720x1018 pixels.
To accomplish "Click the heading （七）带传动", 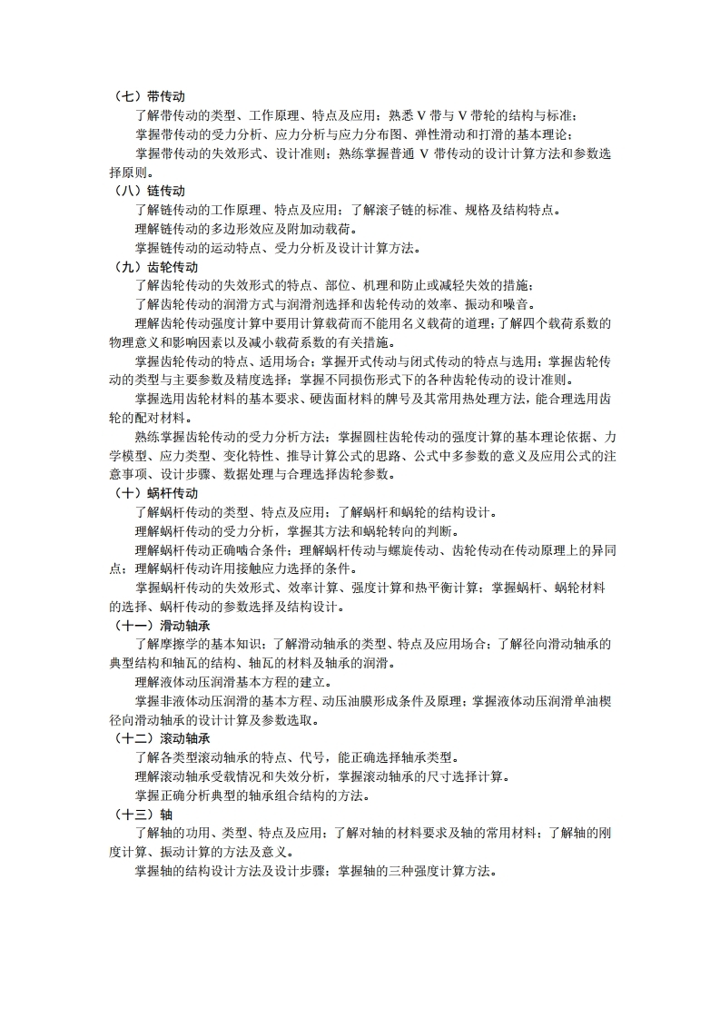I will coord(149,97).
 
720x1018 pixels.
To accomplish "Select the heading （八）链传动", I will coord(149,192).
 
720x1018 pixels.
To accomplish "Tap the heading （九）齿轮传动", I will coord(155,267).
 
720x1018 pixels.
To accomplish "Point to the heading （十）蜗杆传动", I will coord(155,493).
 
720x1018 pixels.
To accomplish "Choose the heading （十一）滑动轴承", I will coord(162,626).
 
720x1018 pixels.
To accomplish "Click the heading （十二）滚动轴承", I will coord(162,738).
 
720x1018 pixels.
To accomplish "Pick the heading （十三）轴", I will coord(142,814).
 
